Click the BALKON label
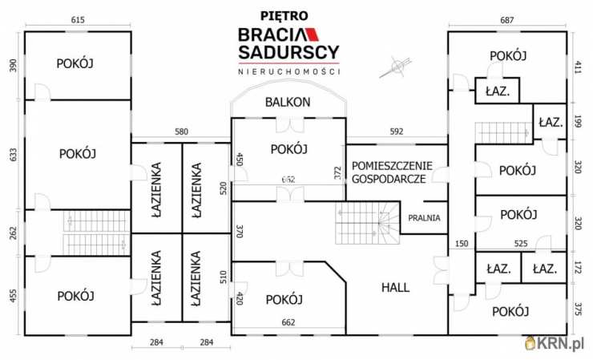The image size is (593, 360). pyautogui.click(x=288, y=103)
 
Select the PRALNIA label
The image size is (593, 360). pyautogui.click(x=424, y=217)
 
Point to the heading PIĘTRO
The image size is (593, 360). pyautogui.click(x=287, y=14)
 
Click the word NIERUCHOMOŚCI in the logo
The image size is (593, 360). pyautogui.click(x=288, y=71)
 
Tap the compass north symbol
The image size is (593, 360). pyautogui.click(x=393, y=67)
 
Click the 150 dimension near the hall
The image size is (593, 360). pyautogui.click(x=461, y=244)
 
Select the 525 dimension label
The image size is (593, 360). pyautogui.click(x=521, y=244)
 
